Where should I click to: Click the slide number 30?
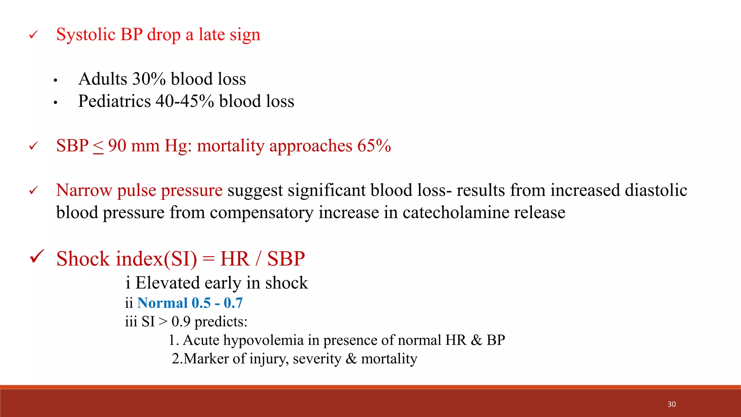[x=672, y=404]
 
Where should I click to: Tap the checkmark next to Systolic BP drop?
[x=33, y=35]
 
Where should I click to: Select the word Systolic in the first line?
[x=86, y=35]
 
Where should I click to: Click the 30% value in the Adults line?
[x=149, y=79]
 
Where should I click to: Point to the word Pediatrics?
[x=114, y=101]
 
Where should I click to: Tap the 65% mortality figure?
[x=374, y=146]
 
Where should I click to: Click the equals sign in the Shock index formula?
[x=208, y=259]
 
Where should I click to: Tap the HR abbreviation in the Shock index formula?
[x=235, y=259]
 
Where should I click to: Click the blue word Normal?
[x=162, y=303]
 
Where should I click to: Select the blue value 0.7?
[x=233, y=303]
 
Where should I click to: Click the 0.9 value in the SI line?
[x=181, y=321]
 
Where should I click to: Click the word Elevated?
[x=168, y=283]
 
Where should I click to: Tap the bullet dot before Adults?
[x=55, y=80]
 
